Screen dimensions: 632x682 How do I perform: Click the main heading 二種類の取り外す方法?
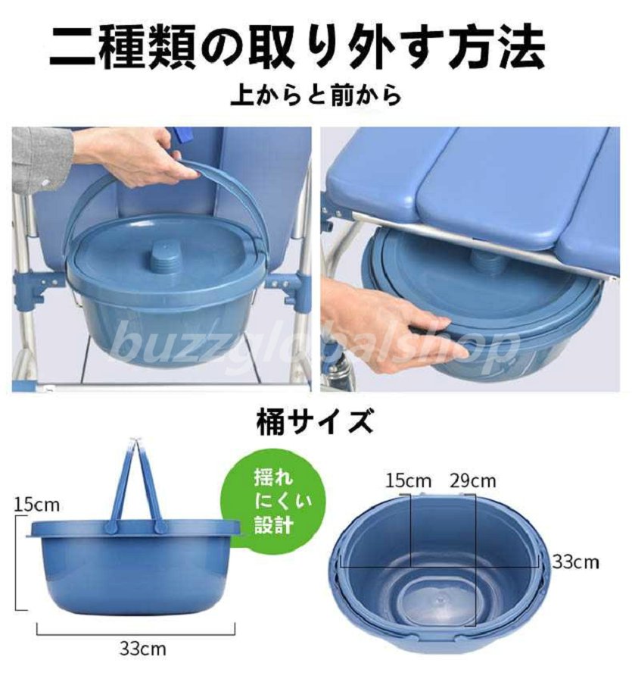click(x=297, y=46)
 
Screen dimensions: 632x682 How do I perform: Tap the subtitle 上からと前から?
click(x=316, y=95)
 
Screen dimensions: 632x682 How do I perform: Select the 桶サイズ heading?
click(x=316, y=421)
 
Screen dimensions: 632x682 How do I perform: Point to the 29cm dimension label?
click(x=472, y=481)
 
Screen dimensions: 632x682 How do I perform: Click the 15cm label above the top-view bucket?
click(x=408, y=481)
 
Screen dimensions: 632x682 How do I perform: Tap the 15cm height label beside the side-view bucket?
click(x=36, y=505)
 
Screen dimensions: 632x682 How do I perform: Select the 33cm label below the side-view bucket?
click(x=142, y=649)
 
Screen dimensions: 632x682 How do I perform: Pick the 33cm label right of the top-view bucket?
click(x=575, y=562)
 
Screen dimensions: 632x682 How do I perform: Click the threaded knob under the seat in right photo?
click(x=485, y=258)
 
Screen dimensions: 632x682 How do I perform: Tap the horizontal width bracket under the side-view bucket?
click(x=136, y=630)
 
